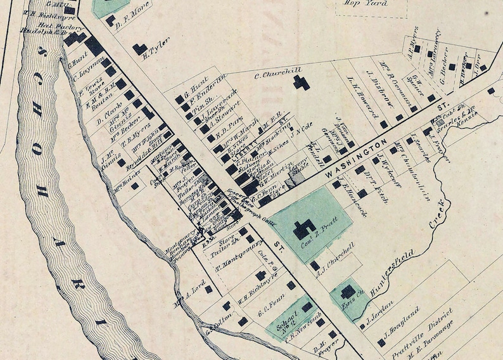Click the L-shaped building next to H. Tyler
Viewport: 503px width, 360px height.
[x=140, y=48]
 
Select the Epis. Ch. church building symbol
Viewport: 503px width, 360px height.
[x=348, y=292]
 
